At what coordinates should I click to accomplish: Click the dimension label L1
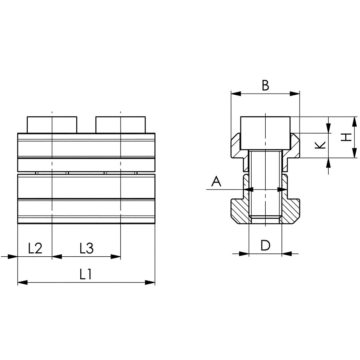coord(86,274)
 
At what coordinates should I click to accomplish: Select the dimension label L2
coord(35,248)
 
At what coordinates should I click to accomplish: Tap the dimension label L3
coord(86,248)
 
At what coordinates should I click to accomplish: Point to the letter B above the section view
coord(265,85)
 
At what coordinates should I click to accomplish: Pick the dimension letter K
coord(320,145)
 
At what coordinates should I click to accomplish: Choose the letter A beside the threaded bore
coord(216,181)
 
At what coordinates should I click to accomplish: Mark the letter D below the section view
coord(265,245)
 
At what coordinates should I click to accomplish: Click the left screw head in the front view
coord(52,125)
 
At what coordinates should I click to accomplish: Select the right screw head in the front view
coord(121,125)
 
